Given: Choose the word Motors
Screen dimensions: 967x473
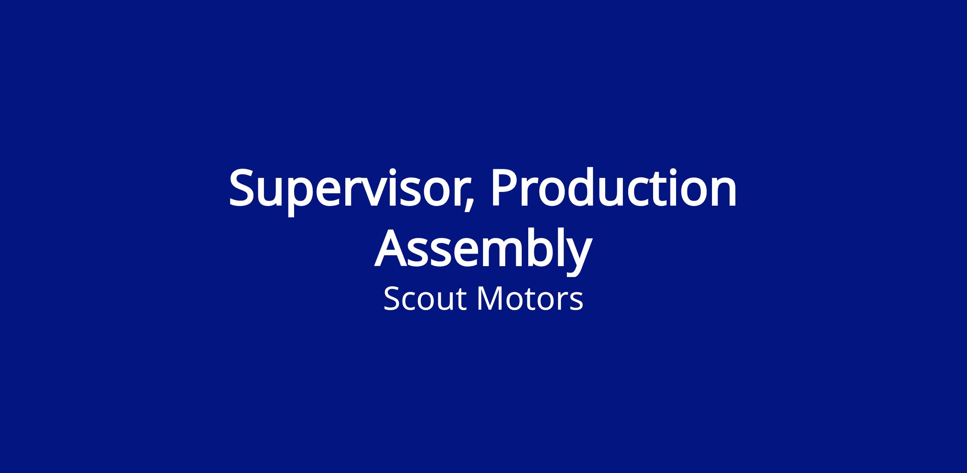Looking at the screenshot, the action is (530, 299).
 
